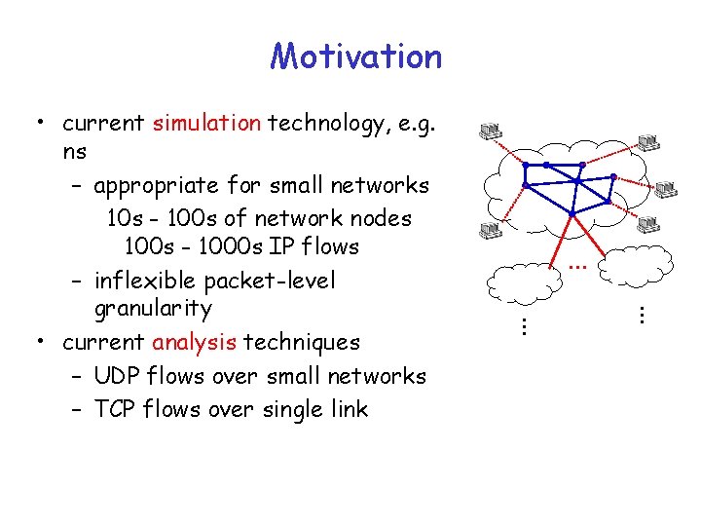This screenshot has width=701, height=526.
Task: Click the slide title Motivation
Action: click(x=355, y=56)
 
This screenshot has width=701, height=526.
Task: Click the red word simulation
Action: click(x=205, y=124)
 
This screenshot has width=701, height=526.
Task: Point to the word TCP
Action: click(x=117, y=409)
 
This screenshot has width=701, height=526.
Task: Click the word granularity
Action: click(x=153, y=310)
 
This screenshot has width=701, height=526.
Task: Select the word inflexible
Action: click(x=146, y=282)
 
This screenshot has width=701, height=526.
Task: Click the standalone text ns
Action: click(x=74, y=152)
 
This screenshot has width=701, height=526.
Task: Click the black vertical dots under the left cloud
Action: click(x=523, y=326)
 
